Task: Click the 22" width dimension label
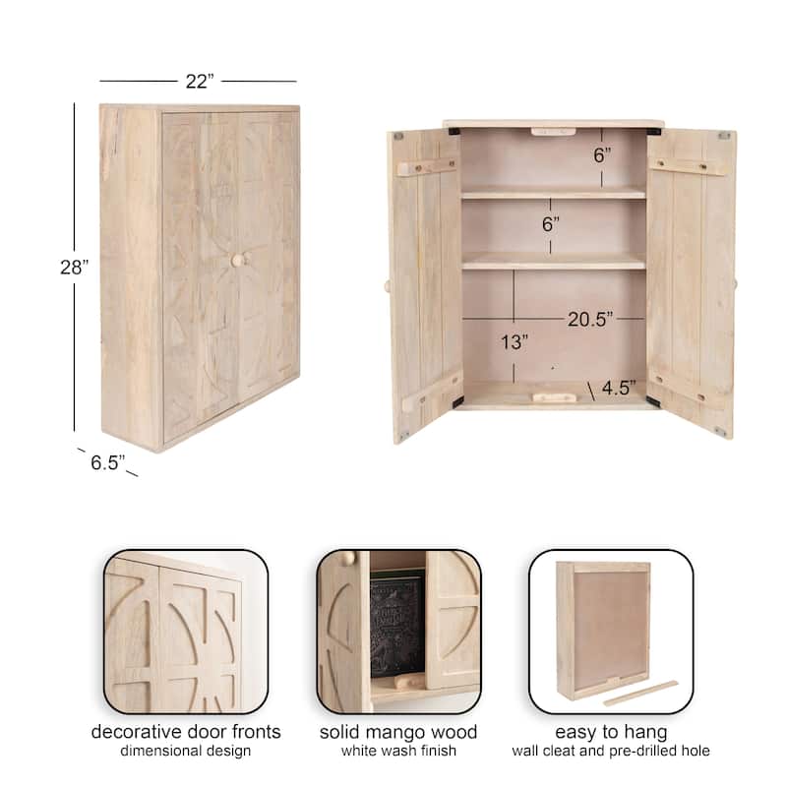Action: pos(199,82)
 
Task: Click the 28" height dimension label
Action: pos(74,267)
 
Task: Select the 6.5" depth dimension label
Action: pos(108,462)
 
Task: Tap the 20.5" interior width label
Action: pos(590,318)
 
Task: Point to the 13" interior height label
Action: pos(513,342)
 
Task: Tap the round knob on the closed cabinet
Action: pos(236,260)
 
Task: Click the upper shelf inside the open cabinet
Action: pos(553,193)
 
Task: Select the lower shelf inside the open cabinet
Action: pos(553,262)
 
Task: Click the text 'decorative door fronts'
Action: pos(186,732)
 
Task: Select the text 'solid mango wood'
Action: pos(398,732)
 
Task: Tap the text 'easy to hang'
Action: pos(610,732)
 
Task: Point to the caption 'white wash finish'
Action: pos(398,752)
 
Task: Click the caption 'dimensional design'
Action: pos(186,752)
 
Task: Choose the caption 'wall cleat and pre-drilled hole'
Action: pos(610,752)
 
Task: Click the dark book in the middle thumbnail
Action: pos(397,624)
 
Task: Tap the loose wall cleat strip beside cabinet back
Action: pos(640,693)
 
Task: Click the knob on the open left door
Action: pos(386,286)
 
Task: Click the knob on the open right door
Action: pos(734,284)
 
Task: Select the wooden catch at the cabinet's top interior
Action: pos(552,131)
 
